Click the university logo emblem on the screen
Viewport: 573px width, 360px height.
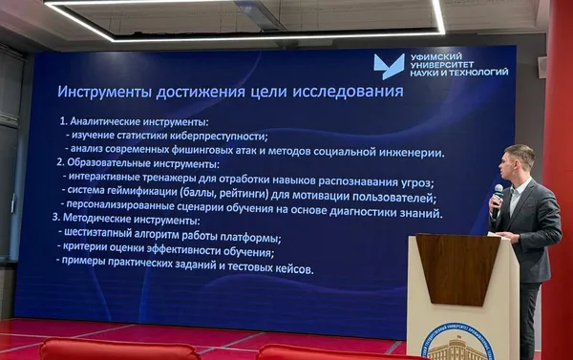click(389, 66)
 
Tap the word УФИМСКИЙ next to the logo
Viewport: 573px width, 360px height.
click(435, 57)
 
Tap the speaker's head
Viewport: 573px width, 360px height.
click(520, 161)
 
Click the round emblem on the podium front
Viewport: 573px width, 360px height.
click(457, 344)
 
